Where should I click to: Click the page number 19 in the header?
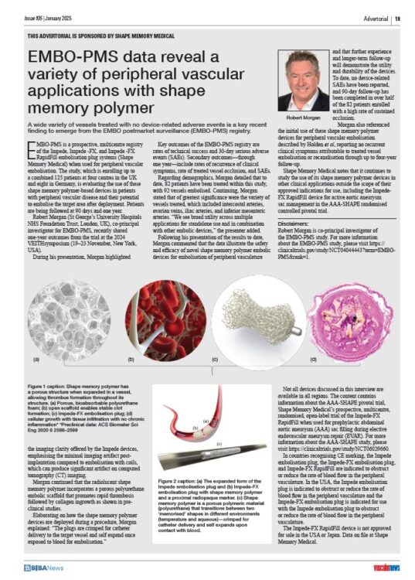click(396, 16)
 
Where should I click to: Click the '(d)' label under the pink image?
click(312, 360)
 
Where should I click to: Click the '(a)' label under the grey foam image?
click(36, 360)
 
